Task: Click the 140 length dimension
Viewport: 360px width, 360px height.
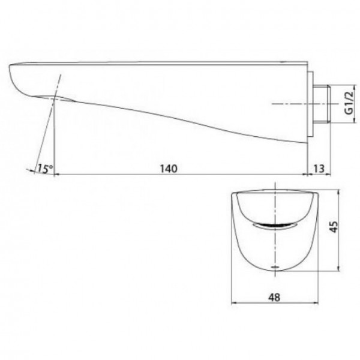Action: [169, 169]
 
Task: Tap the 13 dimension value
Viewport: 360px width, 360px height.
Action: [319, 169]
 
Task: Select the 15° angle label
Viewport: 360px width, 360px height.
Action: [45, 169]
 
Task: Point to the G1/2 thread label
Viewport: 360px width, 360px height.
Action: [349, 103]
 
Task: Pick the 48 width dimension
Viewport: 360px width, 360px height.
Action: [274, 298]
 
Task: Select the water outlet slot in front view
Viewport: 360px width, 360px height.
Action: [275, 226]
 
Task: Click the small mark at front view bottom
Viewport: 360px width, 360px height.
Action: [275, 267]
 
